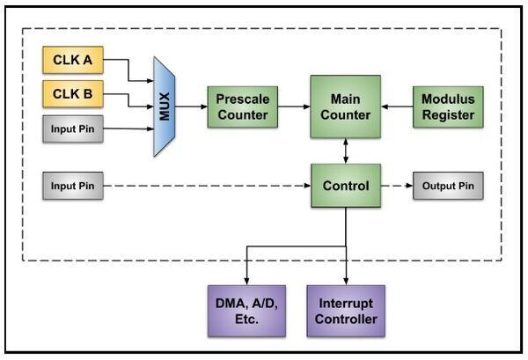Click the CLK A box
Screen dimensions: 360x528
pyautogui.click(x=73, y=61)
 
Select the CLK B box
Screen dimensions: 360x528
pyautogui.click(x=73, y=95)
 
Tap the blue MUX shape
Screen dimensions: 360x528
pyautogui.click(x=165, y=107)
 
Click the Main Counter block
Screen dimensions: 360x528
pyautogui.click(x=345, y=107)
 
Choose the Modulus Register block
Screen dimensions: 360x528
pyautogui.click(x=448, y=107)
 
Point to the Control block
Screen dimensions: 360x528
pyautogui.click(x=345, y=186)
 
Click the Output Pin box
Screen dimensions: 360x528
pyautogui.click(x=448, y=186)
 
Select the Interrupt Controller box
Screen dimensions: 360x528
pyautogui.click(x=345, y=310)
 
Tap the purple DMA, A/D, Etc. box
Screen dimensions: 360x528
pyautogui.click(x=246, y=310)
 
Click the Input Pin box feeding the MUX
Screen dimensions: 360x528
pyautogui.click(x=73, y=129)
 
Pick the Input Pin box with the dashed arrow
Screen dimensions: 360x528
pyautogui.click(x=73, y=186)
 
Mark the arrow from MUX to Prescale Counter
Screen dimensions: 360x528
pyautogui.click(x=191, y=107)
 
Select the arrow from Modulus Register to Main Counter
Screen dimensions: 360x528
pyautogui.click(x=397, y=107)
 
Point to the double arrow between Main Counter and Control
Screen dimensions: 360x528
pyautogui.click(x=345, y=151)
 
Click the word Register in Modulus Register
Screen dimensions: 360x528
pyautogui.click(x=448, y=114)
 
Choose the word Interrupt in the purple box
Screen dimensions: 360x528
pyautogui.click(x=345, y=302)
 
